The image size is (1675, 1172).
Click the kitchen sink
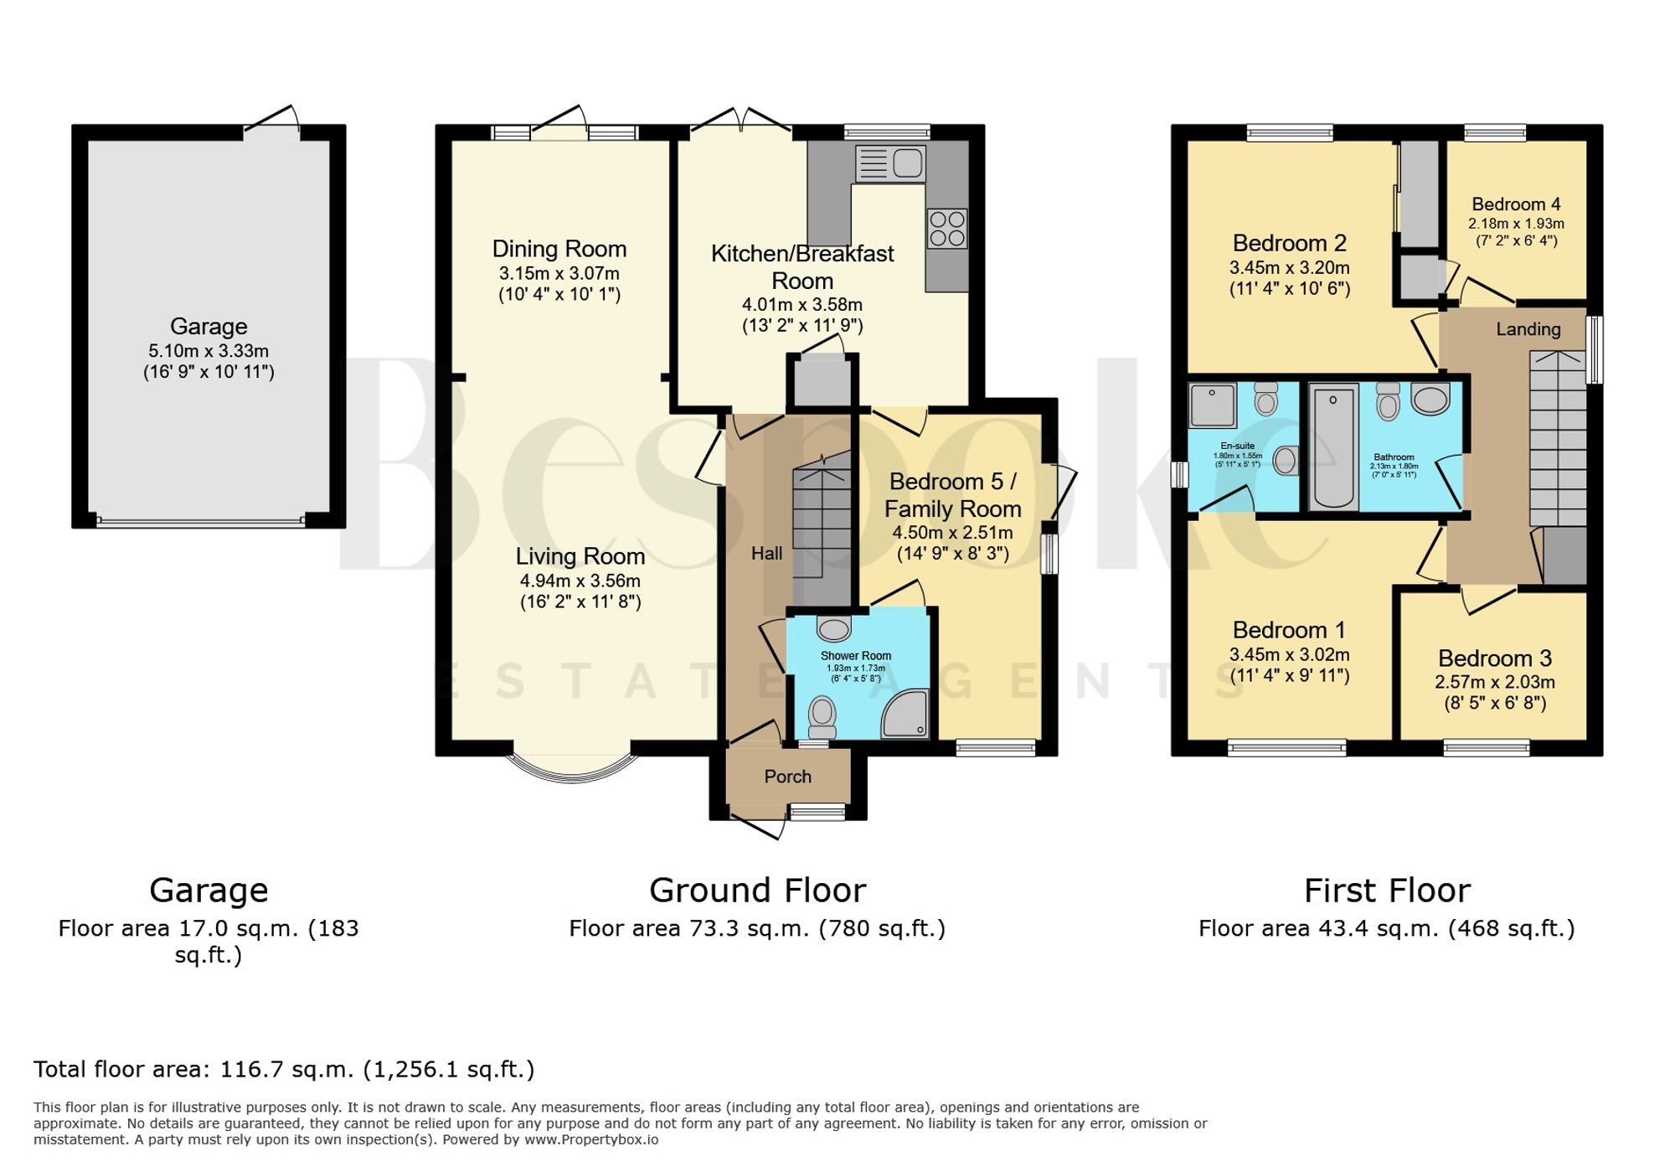click(x=890, y=163)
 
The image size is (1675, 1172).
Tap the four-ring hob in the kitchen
click(x=947, y=229)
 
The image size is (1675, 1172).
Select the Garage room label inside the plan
click(x=209, y=326)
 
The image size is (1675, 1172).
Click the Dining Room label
click(x=559, y=249)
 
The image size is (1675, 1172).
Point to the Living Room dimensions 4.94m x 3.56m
click(x=580, y=581)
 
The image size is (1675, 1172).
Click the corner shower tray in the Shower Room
click(x=905, y=714)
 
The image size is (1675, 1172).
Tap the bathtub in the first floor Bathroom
click(x=1333, y=447)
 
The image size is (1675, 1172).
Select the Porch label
click(x=788, y=777)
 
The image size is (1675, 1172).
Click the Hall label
click(x=767, y=553)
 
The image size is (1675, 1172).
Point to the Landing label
click(x=1528, y=329)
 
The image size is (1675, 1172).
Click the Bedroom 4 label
click(x=1516, y=204)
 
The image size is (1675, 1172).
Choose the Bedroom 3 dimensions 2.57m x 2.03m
click(x=1495, y=682)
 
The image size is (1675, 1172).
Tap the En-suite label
click(x=1237, y=446)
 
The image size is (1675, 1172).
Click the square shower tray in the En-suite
click(x=1213, y=405)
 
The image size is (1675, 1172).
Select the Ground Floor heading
click(x=758, y=890)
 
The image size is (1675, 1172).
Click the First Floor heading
click(x=1387, y=890)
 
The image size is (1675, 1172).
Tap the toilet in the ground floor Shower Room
click(x=822, y=719)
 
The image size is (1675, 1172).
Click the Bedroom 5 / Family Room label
click(x=953, y=495)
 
